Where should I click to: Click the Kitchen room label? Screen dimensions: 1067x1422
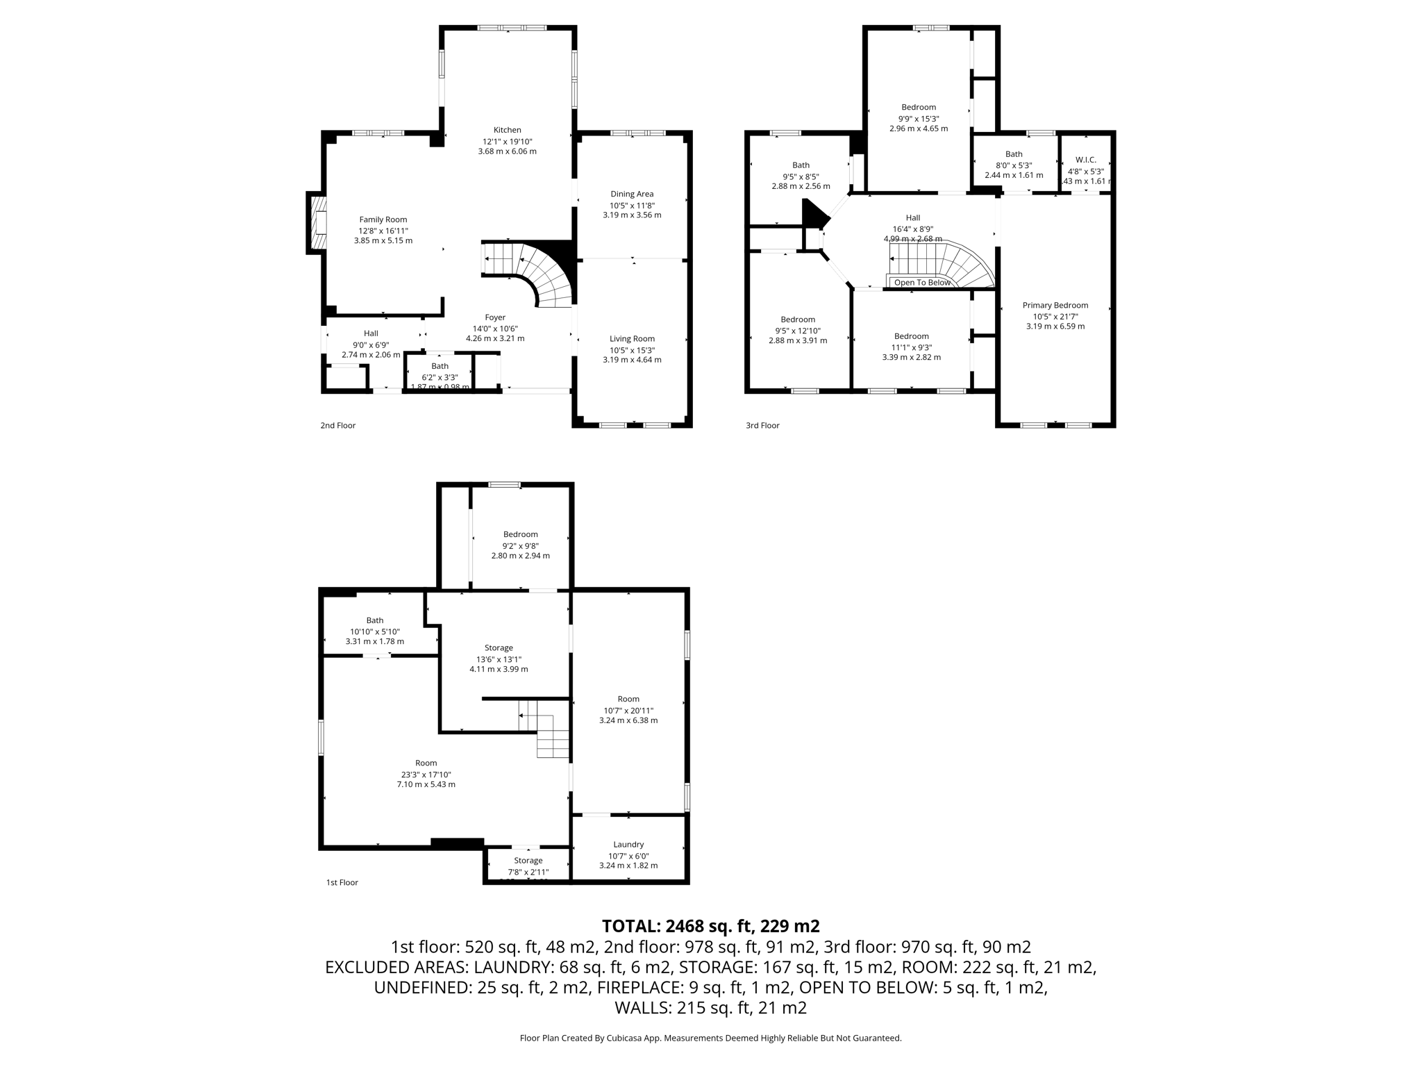click(507, 130)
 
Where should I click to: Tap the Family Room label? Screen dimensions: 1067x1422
click(383, 220)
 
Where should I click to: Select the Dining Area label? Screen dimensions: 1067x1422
click(632, 194)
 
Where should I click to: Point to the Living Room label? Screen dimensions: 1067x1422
click(632, 339)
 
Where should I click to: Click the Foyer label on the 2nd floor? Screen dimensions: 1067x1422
click(495, 317)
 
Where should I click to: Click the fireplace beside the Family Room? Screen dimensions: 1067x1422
click(318, 222)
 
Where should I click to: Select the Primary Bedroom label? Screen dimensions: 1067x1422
click(1055, 305)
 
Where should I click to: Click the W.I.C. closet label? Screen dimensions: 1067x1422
click(1085, 160)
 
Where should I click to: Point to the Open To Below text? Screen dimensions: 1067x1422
click(921, 283)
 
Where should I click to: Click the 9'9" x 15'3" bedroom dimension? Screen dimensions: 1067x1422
click(918, 118)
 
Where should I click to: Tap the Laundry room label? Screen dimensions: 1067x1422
click(628, 845)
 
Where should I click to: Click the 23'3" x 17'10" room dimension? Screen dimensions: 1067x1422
click(426, 774)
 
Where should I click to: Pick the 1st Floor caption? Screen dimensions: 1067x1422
click(342, 882)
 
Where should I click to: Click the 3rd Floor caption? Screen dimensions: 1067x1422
click(762, 425)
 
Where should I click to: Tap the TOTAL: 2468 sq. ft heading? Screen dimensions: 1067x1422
click(710, 926)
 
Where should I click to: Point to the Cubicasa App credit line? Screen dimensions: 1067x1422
click(710, 1038)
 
